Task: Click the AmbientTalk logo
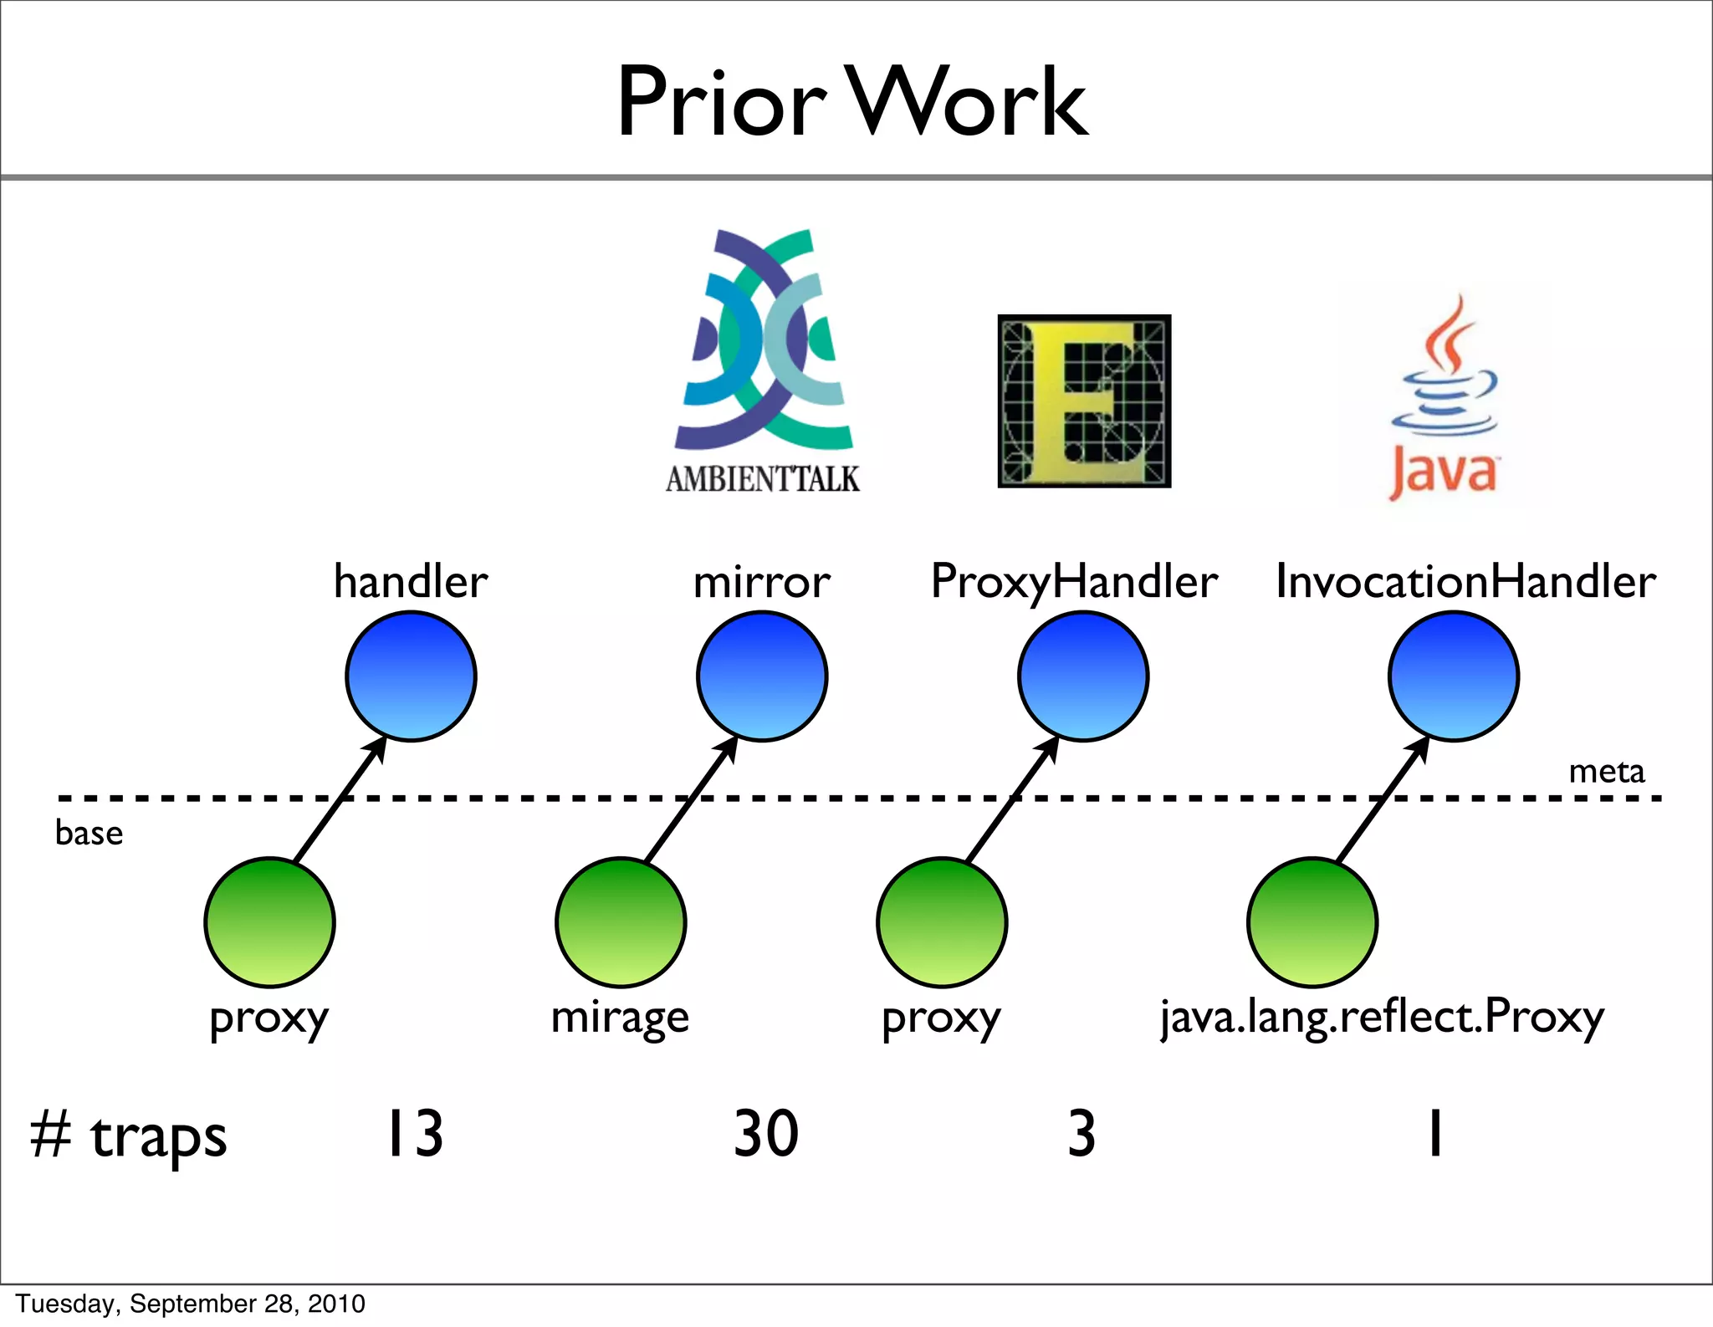click(x=764, y=360)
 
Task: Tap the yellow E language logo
click(x=1084, y=401)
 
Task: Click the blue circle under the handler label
click(x=411, y=676)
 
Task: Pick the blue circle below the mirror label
click(x=762, y=676)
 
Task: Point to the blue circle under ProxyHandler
click(x=1083, y=676)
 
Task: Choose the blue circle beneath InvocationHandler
click(x=1454, y=676)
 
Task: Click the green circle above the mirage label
click(x=621, y=921)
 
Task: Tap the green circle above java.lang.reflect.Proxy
click(x=1312, y=921)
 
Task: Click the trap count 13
click(x=414, y=1134)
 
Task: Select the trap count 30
click(x=766, y=1134)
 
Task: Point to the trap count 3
click(x=1081, y=1134)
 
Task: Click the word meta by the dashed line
click(x=1606, y=771)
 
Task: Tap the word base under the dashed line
click(x=89, y=833)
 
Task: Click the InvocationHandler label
click(x=1465, y=581)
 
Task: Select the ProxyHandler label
click(x=1074, y=581)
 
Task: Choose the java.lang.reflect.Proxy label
click(x=1382, y=1018)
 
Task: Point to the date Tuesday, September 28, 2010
click(x=191, y=1304)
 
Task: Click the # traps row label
click(x=128, y=1136)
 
